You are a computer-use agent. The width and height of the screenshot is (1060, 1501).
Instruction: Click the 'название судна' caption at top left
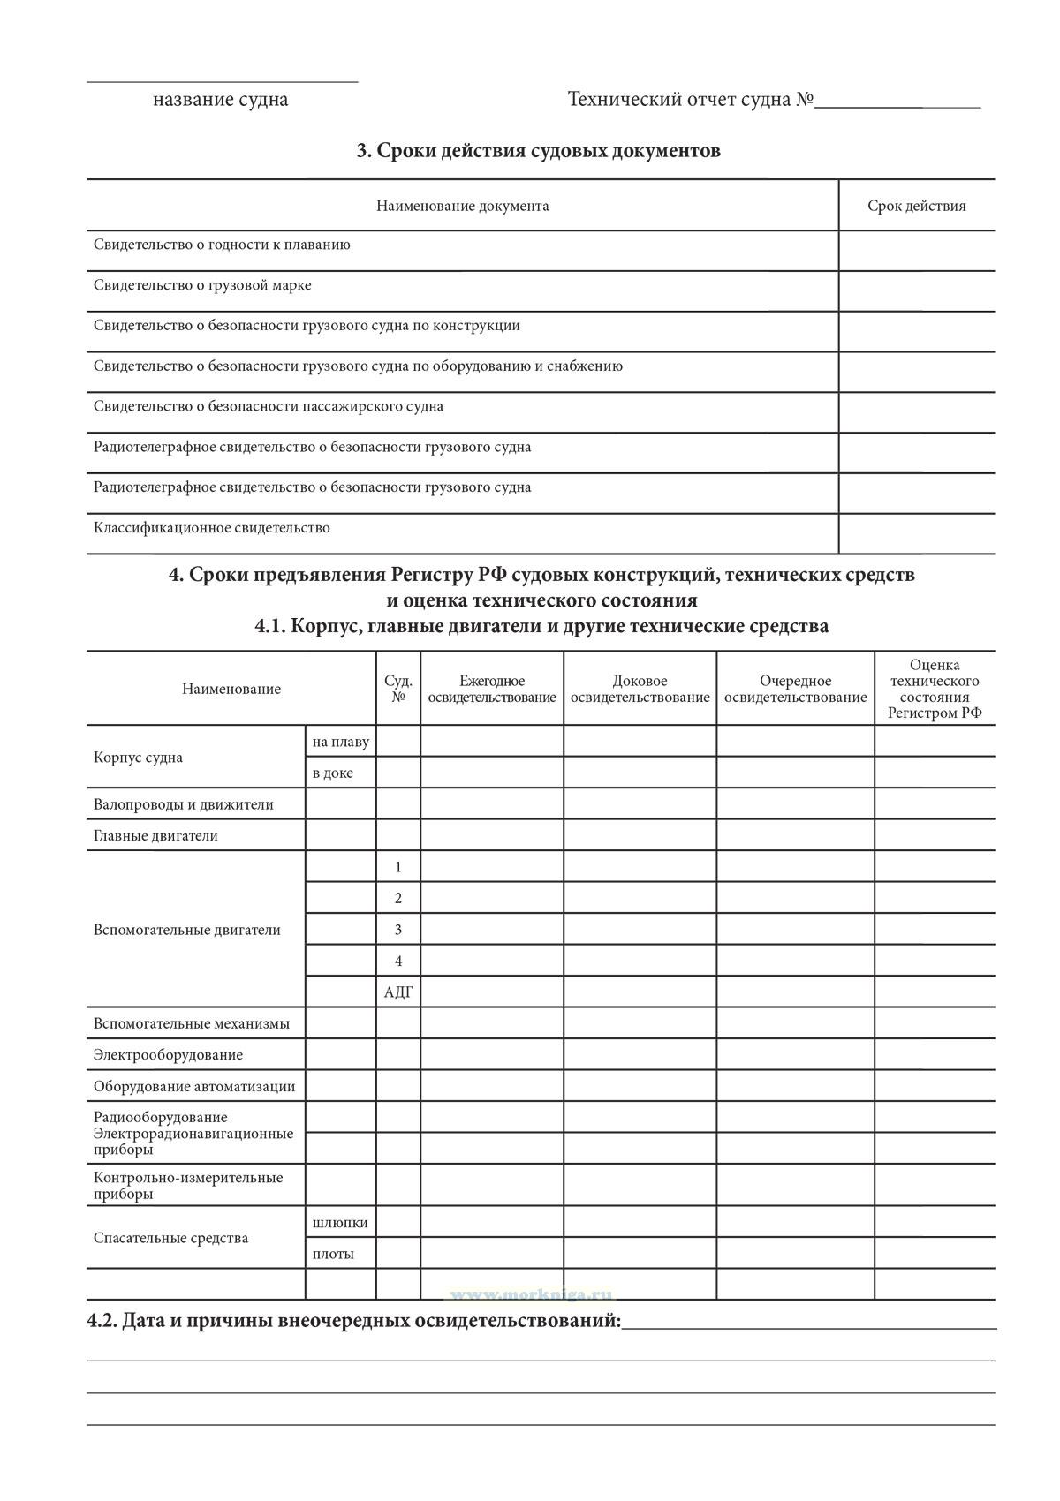point(220,99)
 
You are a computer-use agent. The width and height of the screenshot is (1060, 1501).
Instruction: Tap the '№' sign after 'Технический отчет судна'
point(804,99)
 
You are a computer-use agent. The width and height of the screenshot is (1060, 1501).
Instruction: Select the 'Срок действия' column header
point(916,206)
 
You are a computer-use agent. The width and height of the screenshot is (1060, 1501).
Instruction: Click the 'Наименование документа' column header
point(462,206)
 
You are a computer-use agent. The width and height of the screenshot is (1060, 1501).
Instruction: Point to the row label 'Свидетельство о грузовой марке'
point(202,285)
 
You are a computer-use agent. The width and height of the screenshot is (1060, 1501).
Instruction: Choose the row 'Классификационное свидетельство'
point(212,528)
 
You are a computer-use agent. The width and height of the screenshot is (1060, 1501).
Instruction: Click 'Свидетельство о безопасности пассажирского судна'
point(269,406)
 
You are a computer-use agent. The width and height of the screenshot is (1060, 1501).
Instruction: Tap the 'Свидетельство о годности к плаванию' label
point(222,245)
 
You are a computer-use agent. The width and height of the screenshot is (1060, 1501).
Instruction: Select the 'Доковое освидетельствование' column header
point(640,689)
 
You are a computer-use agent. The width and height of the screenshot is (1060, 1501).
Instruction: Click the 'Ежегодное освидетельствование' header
point(492,689)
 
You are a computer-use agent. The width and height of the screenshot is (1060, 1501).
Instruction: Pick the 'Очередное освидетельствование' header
point(795,689)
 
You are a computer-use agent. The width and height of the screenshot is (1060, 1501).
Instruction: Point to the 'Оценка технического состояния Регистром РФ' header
point(935,689)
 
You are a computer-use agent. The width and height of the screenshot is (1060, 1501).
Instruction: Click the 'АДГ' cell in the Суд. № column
point(398,992)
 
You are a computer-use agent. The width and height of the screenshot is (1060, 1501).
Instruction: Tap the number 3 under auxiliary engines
point(398,930)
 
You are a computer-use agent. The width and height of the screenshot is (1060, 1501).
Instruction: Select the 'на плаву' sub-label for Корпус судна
point(340,742)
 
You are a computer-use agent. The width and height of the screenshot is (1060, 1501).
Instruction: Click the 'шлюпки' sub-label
point(340,1223)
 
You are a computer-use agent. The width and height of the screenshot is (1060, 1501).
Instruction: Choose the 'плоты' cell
point(333,1254)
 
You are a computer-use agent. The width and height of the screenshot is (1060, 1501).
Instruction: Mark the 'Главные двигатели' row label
point(155,835)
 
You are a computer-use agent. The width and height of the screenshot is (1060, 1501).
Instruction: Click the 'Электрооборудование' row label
point(168,1055)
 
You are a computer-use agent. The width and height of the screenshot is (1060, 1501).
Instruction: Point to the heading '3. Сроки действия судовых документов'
point(538,151)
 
